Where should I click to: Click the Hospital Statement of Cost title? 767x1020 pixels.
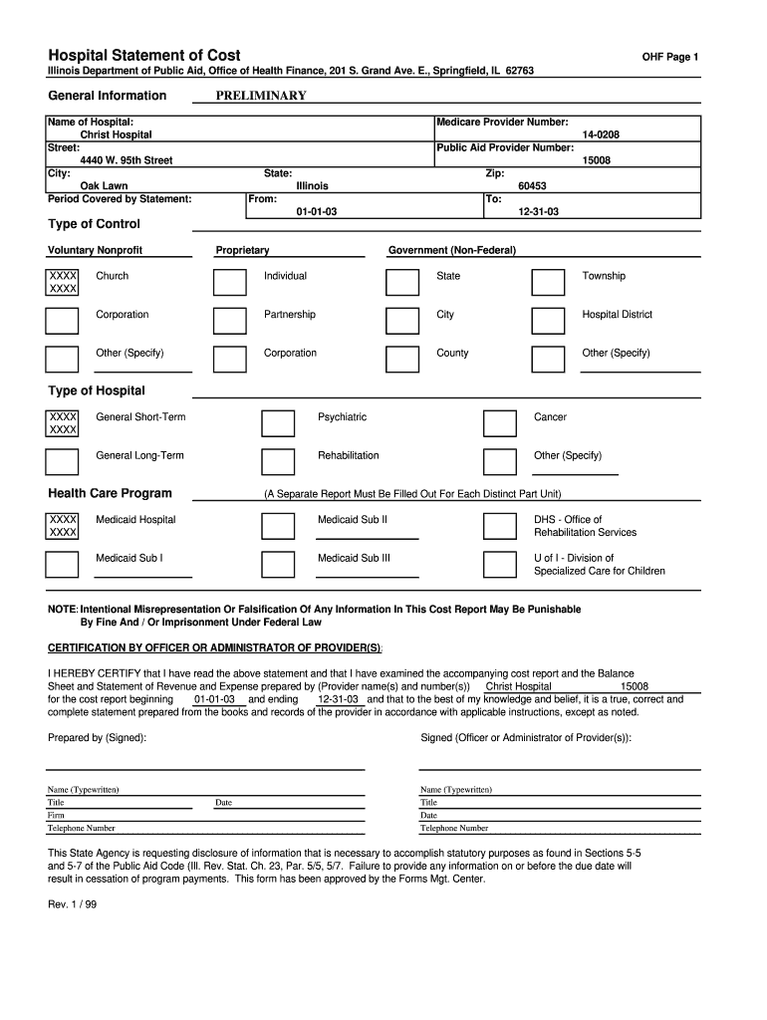[x=144, y=55]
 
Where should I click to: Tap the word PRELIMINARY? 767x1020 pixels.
[x=261, y=96]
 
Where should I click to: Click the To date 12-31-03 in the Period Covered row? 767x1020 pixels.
[x=538, y=212]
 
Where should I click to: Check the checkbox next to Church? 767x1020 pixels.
[x=63, y=282]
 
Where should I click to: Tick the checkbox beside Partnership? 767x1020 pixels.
[x=230, y=321]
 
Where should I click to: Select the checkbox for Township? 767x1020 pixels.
[x=547, y=282]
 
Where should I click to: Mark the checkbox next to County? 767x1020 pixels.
[x=402, y=359]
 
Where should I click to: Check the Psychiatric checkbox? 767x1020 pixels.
[x=278, y=423]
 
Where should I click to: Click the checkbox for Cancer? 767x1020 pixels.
[x=499, y=423]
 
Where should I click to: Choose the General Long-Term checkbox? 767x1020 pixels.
[x=63, y=461]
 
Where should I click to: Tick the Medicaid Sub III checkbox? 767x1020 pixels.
[x=278, y=564]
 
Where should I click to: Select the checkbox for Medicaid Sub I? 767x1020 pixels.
[x=63, y=564]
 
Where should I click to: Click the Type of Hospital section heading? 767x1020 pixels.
[x=97, y=390]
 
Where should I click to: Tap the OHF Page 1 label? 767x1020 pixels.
[x=669, y=57]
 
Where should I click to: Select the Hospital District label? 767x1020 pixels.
[x=617, y=315]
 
